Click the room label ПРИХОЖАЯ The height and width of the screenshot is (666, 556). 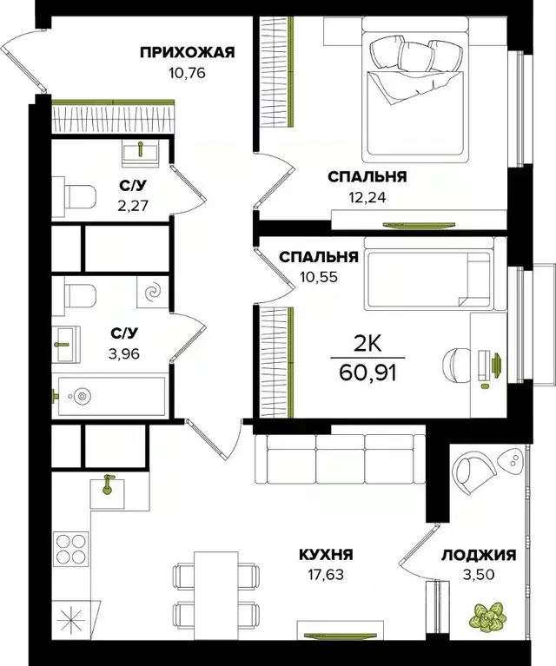[x=188, y=52]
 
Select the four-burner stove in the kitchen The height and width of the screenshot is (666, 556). [x=70, y=549]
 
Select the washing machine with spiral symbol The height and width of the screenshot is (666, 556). [x=153, y=294]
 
